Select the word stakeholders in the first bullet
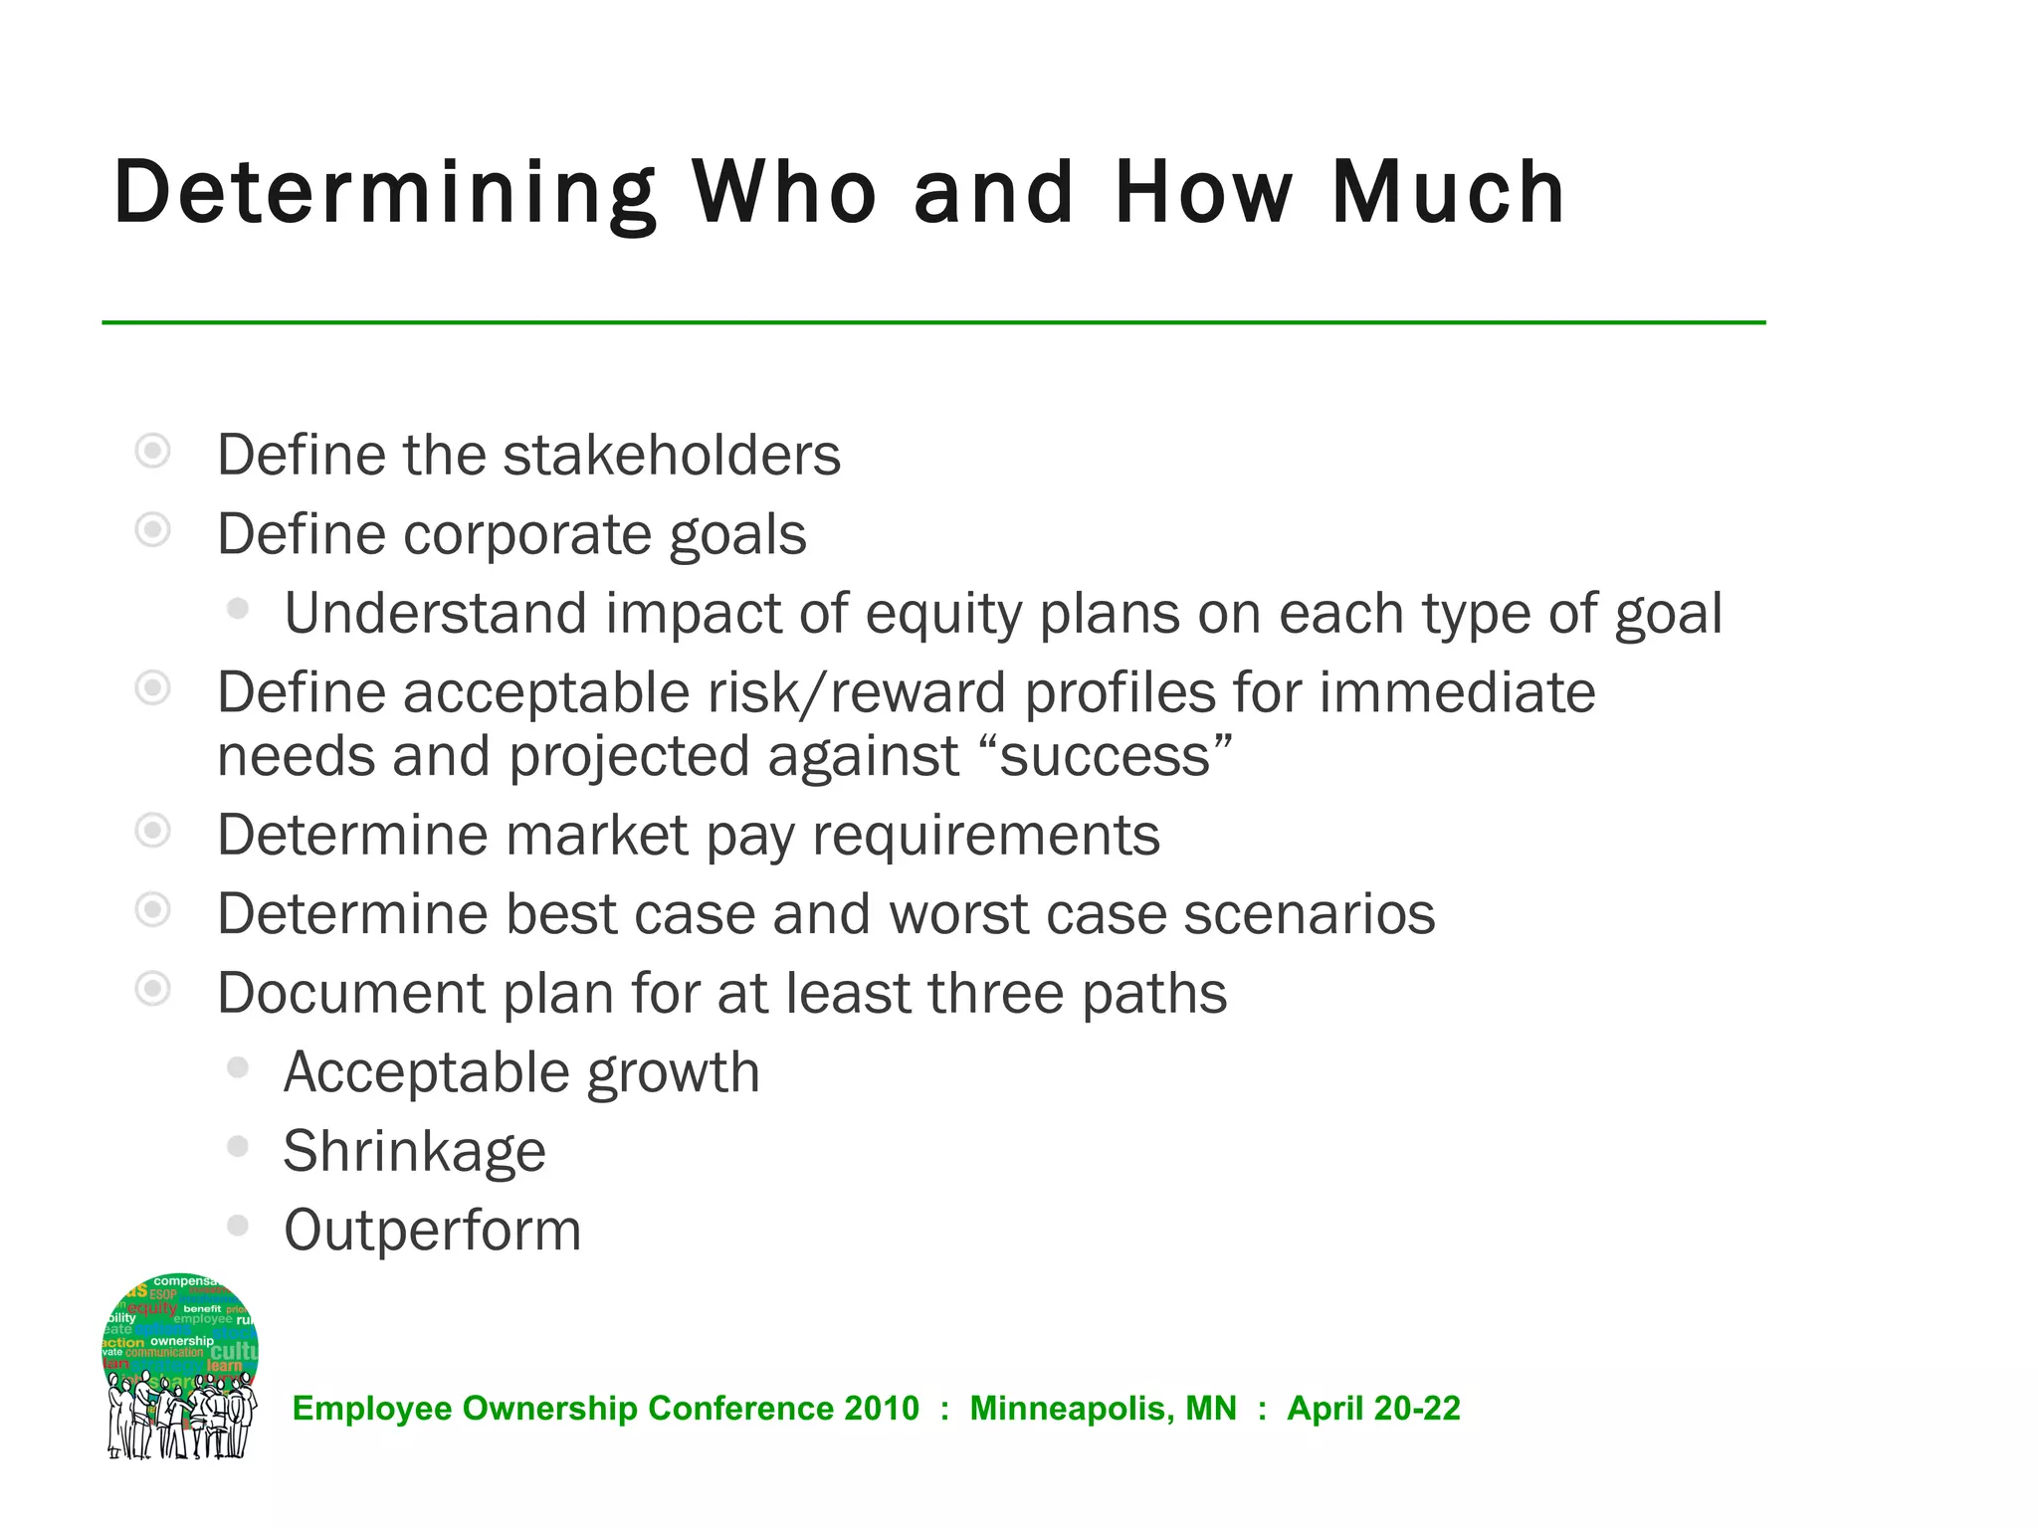coord(672,456)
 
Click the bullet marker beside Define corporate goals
coord(152,529)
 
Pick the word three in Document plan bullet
coord(995,994)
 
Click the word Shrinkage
coord(415,1152)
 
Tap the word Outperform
coord(433,1231)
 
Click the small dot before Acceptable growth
coord(237,1067)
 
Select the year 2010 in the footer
coord(882,1409)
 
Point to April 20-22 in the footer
coord(1373,1409)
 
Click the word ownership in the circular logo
coord(182,1341)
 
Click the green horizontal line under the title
coord(933,322)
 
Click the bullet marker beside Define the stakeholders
coord(152,451)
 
